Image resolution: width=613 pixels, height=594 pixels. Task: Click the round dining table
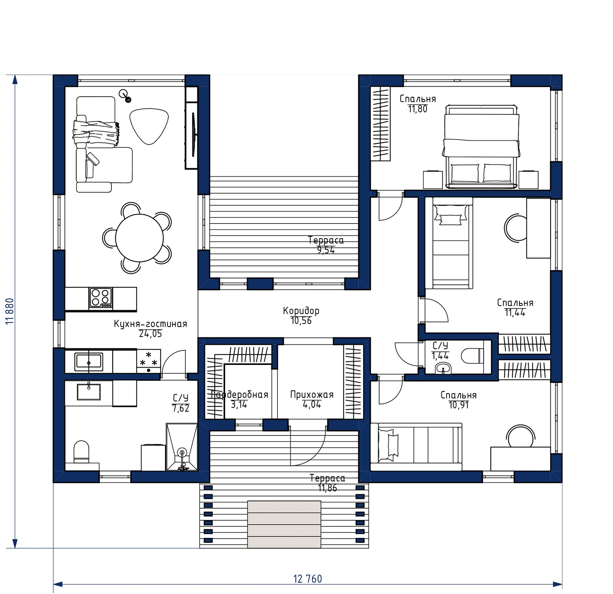[139, 238]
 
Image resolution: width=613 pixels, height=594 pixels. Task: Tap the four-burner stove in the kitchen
[101, 298]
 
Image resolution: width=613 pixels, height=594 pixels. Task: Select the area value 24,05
[150, 334]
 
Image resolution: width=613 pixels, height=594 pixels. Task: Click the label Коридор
[301, 310]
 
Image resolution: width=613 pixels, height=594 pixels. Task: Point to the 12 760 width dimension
[308, 579]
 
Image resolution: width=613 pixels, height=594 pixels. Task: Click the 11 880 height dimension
[10, 311]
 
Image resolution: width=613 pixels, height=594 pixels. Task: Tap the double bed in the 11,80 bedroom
[480, 147]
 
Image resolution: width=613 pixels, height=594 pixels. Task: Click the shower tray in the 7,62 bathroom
[182, 447]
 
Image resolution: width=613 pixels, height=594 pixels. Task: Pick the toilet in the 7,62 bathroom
[82, 452]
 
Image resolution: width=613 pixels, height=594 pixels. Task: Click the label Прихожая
[312, 395]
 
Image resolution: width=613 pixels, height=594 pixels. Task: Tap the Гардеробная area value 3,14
[239, 404]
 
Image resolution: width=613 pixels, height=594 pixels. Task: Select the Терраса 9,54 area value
[326, 250]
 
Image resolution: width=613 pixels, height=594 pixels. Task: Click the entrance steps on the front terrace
[284, 524]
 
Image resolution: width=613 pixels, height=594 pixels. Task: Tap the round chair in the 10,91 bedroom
[520, 437]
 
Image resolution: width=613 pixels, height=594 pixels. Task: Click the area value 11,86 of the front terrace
[327, 488]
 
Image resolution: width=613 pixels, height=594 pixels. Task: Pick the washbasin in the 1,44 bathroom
[443, 368]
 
